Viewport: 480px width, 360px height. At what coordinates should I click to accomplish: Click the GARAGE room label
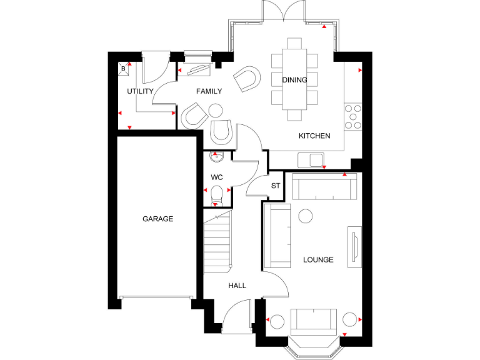click(x=157, y=219)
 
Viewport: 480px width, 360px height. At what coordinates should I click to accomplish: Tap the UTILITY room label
click(x=140, y=91)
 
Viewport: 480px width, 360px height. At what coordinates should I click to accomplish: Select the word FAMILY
click(x=209, y=91)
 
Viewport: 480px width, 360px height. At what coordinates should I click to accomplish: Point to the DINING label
click(x=294, y=80)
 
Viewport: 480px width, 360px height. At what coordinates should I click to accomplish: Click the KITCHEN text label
click(x=314, y=136)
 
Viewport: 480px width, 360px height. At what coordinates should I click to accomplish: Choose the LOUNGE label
click(x=318, y=259)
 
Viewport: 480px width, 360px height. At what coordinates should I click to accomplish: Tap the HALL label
click(x=237, y=286)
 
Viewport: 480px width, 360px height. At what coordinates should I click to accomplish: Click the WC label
click(x=217, y=177)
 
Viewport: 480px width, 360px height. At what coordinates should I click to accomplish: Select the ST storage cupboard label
click(x=275, y=186)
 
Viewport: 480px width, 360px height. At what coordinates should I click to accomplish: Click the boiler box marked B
click(x=123, y=69)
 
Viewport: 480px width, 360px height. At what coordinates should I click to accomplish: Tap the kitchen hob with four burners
click(x=354, y=116)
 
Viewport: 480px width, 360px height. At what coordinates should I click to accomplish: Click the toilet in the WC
click(x=216, y=194)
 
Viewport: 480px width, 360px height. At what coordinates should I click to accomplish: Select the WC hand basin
click(x=217, y=156)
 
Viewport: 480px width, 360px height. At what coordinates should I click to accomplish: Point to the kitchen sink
click(x=311, y=160)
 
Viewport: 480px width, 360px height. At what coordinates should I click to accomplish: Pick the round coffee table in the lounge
click(x=306, y=216)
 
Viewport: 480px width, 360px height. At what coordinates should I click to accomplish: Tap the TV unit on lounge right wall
click(x=354, y=246)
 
